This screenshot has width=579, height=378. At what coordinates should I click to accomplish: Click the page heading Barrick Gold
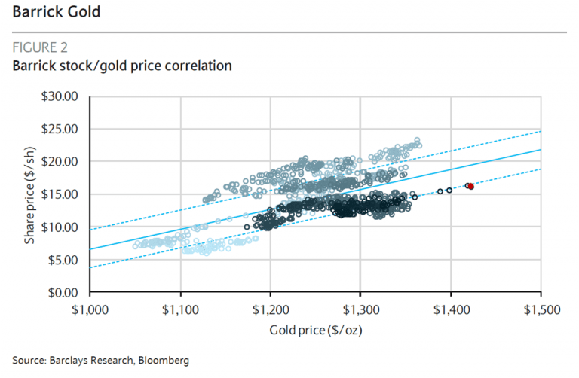56,13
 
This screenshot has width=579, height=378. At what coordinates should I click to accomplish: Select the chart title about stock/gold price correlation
121,66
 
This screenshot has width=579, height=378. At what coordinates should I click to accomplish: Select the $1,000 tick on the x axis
90,309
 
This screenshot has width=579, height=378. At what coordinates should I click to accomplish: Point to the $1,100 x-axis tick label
180,309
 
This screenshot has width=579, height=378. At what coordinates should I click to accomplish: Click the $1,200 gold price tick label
271,309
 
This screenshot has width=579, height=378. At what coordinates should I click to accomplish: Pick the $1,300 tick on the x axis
360,309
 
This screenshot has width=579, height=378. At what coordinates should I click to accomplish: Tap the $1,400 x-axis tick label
451,309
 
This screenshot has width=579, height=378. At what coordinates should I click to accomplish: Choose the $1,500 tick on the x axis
541,309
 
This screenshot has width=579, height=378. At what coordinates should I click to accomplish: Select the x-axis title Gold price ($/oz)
315,330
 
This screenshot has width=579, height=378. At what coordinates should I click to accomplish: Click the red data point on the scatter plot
471,186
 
